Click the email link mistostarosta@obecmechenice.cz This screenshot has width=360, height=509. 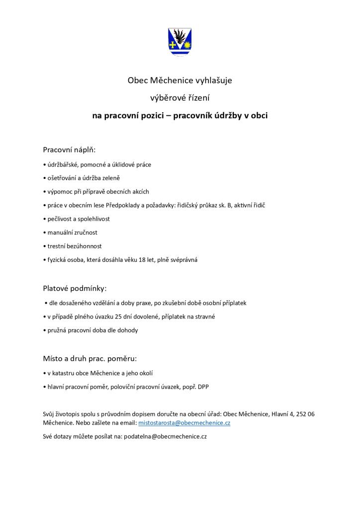click(x=177, y=423)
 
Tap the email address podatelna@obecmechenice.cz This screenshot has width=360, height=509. click(x=165, y=436)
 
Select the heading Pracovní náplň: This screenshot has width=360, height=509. click(x=69, y=149)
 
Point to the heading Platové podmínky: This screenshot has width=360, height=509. click(x=75, y=288)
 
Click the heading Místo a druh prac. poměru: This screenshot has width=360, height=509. click(x=90, y=358)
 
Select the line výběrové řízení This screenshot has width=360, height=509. click(x=180, y=98)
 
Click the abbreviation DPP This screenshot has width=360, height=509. click(x=203, y=386)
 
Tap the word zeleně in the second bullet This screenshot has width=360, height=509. click(x=112, y=177)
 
